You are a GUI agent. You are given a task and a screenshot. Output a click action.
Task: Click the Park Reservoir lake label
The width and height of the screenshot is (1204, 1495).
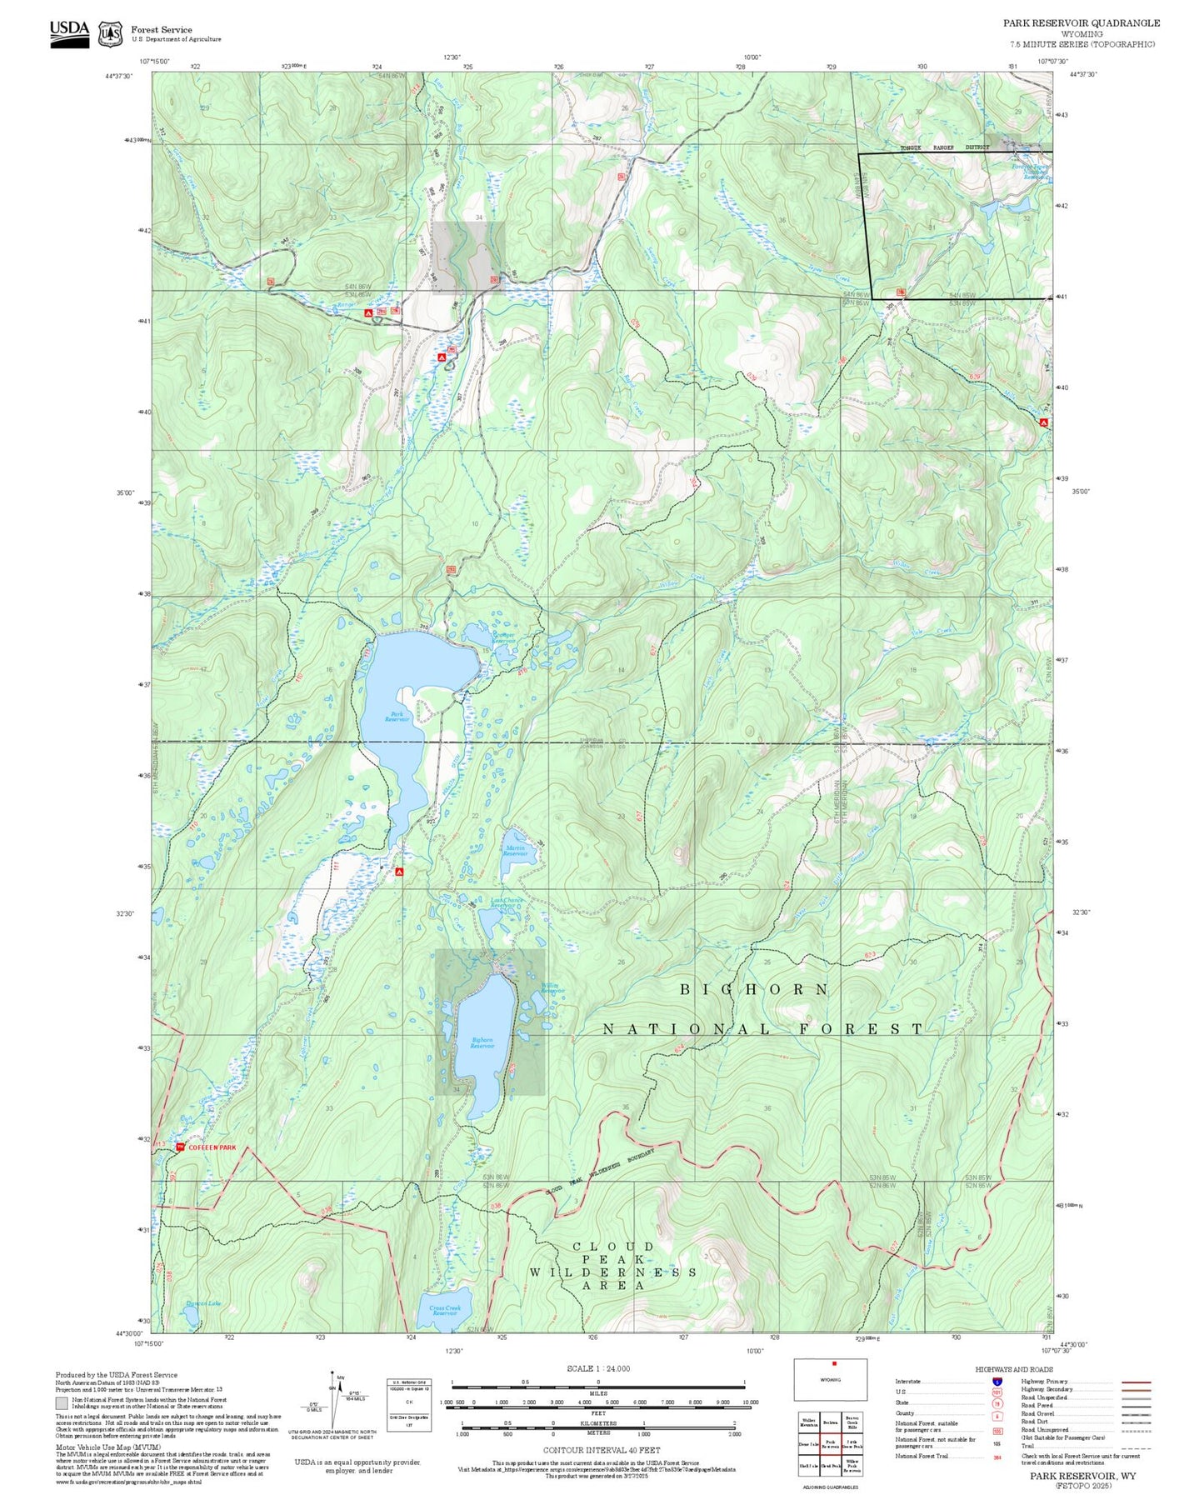(x=397, y=717)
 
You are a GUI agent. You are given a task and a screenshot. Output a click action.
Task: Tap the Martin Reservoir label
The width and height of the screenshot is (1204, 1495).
(x=516, y=852)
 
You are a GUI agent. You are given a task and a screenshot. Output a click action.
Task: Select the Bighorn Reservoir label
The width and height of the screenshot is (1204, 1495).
(x=482, y=1042)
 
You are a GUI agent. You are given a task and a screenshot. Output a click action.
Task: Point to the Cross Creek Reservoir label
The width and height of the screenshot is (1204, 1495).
(x=445, y=1311)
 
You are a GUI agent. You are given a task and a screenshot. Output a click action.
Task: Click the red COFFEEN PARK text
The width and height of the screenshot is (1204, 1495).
(x=212, y=1147)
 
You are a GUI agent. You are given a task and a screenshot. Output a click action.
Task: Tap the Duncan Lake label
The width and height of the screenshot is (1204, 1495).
(x=202, y=1303)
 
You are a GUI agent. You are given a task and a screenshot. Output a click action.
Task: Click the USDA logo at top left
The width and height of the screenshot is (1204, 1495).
(x=69, y=32)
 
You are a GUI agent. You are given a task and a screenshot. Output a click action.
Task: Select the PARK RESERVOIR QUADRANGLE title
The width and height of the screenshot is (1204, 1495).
(x=1081, y=23)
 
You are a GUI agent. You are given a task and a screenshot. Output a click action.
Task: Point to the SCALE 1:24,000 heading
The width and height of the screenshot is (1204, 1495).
(x=597, y=1368)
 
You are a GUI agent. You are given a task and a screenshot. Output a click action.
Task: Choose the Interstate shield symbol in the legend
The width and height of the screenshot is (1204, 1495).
(x=997, y=1382)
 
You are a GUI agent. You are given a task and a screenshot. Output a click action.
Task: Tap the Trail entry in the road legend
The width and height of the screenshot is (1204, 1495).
(x=1028, y=1446)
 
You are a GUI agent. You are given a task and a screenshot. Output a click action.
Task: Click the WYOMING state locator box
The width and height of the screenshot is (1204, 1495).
(x=830, y=1380)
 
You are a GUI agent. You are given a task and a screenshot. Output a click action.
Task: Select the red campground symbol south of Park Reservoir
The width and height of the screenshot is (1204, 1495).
(x=399, y=872)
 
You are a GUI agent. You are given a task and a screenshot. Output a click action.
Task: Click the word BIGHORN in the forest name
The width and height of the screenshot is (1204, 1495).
(x=755, y=989)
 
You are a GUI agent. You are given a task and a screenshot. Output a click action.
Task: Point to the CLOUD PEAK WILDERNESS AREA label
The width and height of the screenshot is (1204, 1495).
(x=613, y=1266)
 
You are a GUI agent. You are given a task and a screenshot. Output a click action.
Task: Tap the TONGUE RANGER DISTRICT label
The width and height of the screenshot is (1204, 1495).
(x=944, y=147)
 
